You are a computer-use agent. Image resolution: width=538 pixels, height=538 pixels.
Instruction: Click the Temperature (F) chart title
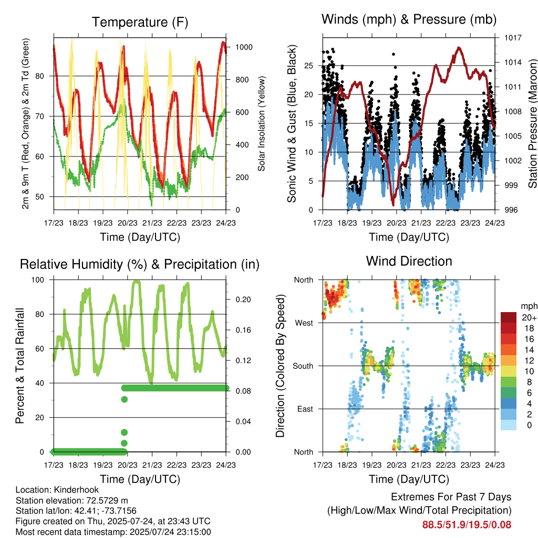140,22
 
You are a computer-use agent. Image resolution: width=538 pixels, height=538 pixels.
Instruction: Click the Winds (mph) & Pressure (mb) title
409,19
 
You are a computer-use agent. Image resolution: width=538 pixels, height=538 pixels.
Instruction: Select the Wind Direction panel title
409,261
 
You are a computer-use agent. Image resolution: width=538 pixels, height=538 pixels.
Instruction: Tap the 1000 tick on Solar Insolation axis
244,47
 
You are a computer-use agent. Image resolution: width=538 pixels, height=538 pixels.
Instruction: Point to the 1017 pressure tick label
513,38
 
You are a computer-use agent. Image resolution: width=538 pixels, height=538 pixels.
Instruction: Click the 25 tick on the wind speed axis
309,66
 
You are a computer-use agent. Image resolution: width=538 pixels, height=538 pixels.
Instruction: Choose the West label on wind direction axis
304,323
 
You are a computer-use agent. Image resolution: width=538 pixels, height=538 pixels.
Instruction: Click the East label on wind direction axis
305,409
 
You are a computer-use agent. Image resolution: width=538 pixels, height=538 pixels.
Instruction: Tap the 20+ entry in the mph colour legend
529,317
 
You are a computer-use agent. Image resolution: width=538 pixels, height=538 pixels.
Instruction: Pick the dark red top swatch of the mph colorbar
509,317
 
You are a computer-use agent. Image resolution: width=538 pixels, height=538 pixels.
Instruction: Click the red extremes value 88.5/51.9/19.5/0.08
467,525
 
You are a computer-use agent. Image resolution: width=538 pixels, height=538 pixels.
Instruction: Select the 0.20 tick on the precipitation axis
243,299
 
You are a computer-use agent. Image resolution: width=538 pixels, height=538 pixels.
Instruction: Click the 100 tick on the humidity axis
38,280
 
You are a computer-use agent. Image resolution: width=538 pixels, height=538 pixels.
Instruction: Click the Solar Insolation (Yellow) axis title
262,123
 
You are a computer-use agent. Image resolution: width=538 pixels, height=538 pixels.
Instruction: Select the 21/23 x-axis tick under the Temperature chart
152,223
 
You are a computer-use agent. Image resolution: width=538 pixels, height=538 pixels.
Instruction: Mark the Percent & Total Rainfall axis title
20,366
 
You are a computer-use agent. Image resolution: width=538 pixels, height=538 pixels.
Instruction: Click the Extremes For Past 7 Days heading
451,497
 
